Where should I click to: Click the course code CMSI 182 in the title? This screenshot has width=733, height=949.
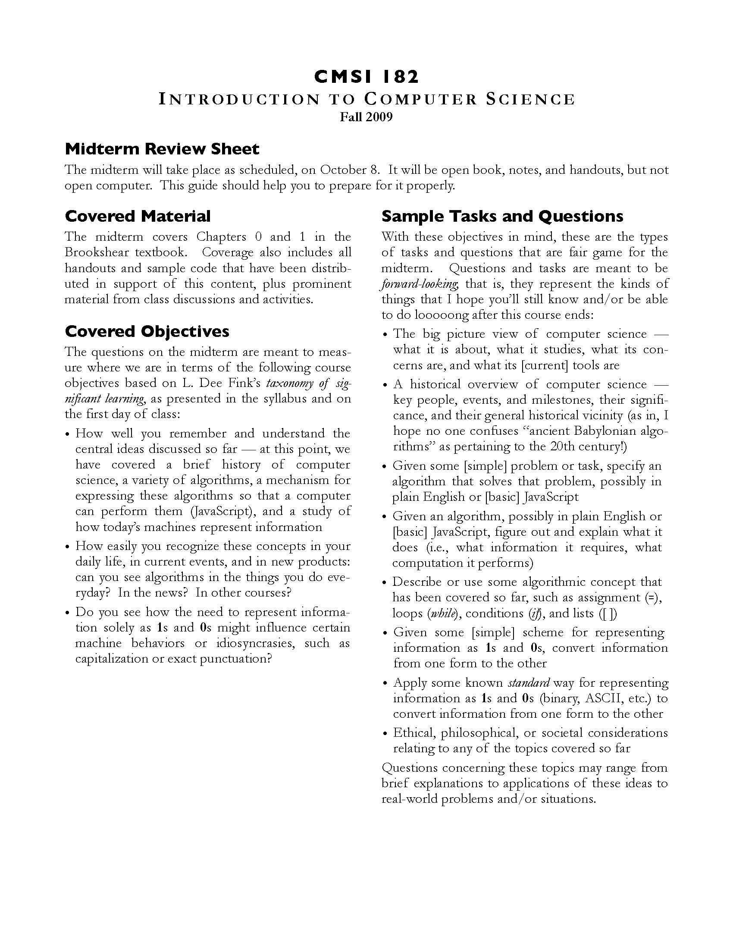366,77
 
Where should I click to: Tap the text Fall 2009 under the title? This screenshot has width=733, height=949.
366,117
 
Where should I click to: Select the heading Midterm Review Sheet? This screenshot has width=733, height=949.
162,149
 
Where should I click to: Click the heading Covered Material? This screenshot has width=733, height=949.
138,216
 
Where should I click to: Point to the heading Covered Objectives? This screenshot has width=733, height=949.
147,331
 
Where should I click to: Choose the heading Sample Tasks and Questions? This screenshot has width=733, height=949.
502,216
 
